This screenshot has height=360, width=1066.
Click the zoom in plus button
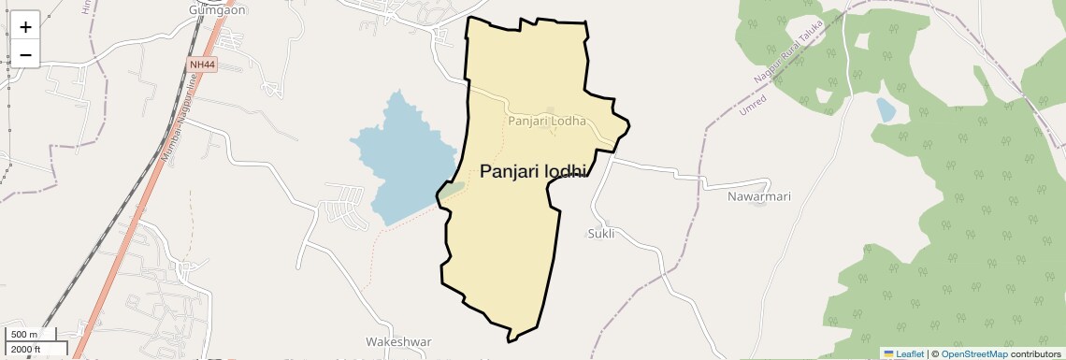[x=25, y=26]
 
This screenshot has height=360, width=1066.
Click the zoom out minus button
[x=25, y=54]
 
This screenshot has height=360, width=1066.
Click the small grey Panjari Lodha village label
[x=547, y=121]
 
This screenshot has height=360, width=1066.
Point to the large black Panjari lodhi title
[x=533, y=171]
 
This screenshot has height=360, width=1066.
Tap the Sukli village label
[x=601, y=234]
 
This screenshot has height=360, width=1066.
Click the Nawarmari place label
[x=759, y=197]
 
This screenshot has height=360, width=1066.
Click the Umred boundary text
[x=753, y=104]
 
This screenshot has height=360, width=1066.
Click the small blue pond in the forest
[x=885, y=110]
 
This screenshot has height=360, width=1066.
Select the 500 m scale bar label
[x=24, y=335]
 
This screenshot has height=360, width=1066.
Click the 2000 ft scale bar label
[x=26, y=350]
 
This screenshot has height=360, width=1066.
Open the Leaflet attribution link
[x=903, y=353]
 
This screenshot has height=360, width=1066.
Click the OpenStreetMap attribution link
[x=973, y=353]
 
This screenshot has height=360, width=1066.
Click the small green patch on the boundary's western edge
[x=452, y=190]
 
